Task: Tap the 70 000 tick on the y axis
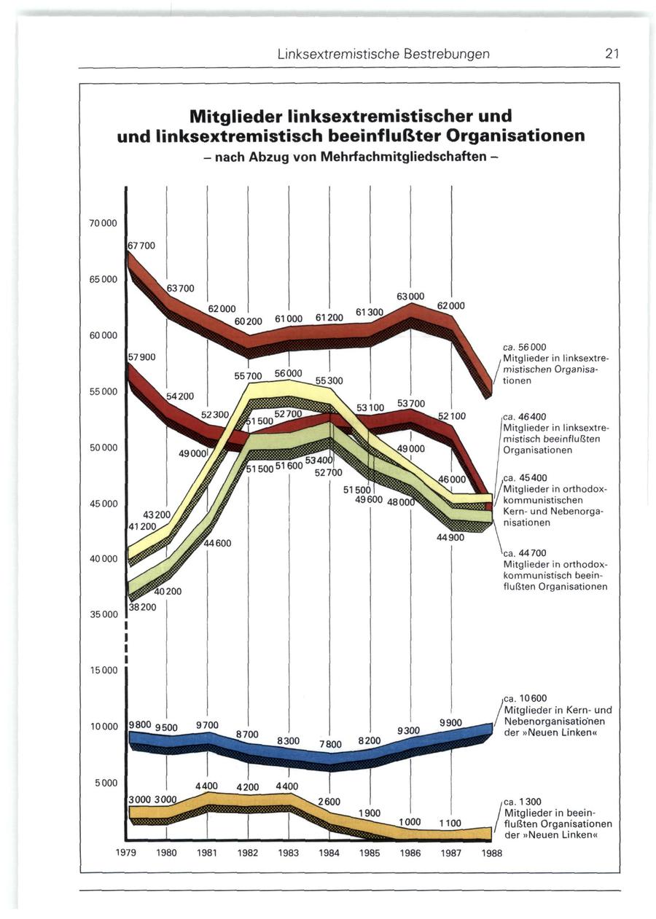[103, 222]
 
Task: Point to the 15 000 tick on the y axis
[103, 670]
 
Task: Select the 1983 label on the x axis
[289, 852]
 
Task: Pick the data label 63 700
[181, 289]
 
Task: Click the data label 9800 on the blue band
[139, 724]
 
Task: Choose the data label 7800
[329, 744]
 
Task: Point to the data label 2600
[329, 802]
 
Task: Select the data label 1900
[370, 813]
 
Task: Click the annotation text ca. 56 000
[524, 347]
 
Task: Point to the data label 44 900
[450, 538]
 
